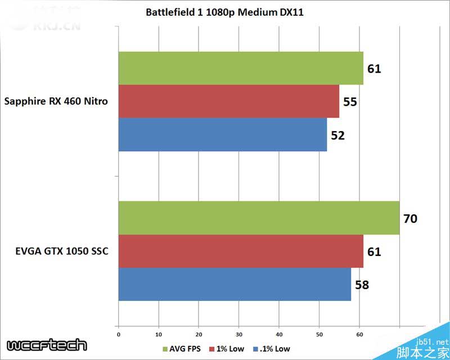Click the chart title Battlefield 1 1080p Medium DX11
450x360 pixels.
coord(224,12)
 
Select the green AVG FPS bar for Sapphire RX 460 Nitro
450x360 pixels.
coord(241,69)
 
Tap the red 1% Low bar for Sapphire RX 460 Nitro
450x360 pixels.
coord(228,101)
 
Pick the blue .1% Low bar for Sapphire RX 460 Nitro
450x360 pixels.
coord(222,134)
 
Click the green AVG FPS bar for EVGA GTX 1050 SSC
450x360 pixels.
coord(259,218)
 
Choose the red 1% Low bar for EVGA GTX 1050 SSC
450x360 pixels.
coord(241,251)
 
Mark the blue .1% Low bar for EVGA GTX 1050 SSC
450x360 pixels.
coord(235,284)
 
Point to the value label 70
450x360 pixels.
coord(410,218)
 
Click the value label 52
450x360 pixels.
coord(337,135)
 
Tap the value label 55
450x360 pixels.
coord(349,102)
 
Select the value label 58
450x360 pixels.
coord(362,285)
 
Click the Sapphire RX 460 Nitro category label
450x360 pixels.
coord(56,102)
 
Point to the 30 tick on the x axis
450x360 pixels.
coord(239,334)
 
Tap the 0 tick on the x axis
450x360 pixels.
coord(118,334)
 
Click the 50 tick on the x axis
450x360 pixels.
coord(319,334)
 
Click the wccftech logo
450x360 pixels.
coord(47,345)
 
